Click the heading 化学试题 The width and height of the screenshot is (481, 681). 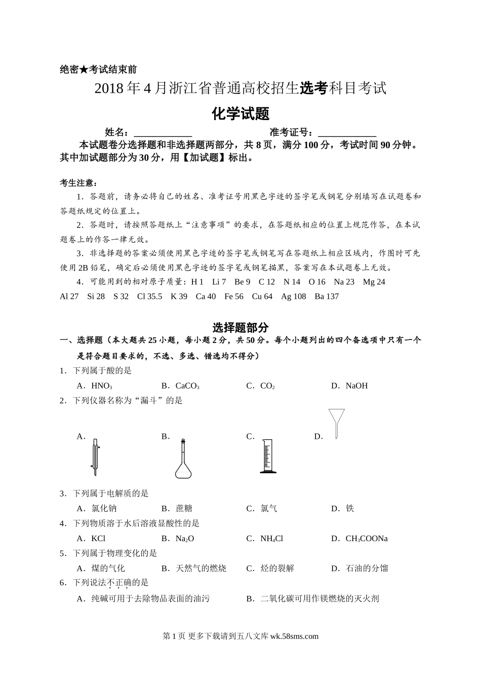coord(240,113)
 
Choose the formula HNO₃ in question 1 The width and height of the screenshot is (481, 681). coord(102,386)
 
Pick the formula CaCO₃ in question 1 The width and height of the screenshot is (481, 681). coord(187,386)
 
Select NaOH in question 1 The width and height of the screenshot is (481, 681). coord(356,386)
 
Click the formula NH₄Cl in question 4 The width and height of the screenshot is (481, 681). coord(271,539)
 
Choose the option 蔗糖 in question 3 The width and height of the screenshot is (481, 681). coord(184,508)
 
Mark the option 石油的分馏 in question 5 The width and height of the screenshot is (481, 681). coord(367,569)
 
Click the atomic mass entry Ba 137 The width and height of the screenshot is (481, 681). coord(327,296)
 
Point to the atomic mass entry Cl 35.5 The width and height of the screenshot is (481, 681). coord(149,296)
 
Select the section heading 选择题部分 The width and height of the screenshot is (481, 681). coord(240,328)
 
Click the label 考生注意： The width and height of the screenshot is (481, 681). coord(78,183)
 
